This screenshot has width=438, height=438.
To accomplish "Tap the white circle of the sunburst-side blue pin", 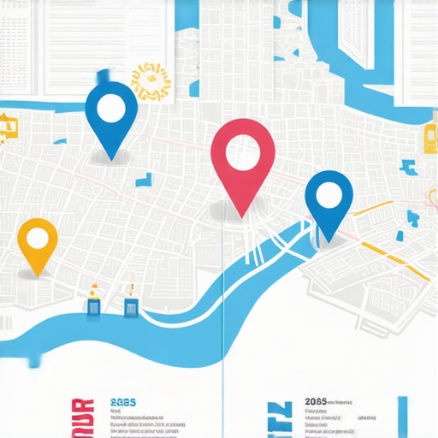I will point(111,109).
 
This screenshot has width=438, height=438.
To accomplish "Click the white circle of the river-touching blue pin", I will point(328,194).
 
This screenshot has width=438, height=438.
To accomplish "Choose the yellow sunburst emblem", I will point(151,81).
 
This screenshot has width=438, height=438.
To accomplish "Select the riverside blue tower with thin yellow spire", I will point(131,303).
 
